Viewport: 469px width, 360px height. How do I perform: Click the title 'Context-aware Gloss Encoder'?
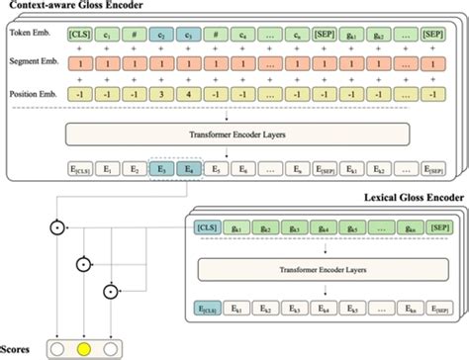tap(73, 7)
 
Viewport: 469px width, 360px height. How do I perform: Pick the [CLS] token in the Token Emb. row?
tap(79, 35)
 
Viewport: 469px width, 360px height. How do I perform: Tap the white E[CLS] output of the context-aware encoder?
tap(79, 171)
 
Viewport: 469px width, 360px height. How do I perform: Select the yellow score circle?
tap(85, 349)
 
